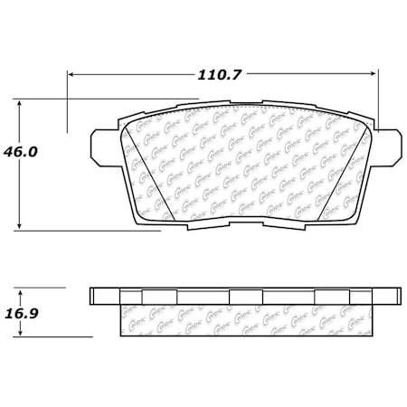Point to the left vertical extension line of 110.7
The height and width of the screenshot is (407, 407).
[x=68, y=99]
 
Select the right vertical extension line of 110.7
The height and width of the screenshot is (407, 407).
[x=378, y=99]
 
